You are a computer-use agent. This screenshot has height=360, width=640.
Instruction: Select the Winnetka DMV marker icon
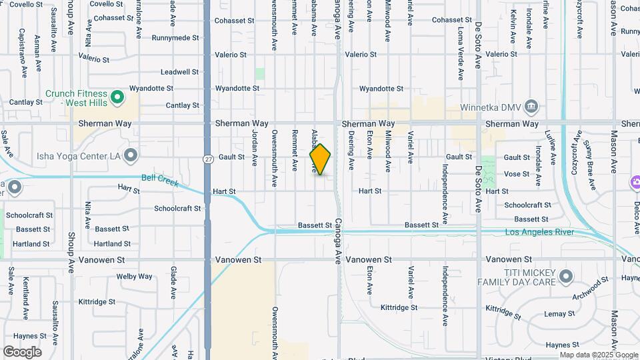(531, 106)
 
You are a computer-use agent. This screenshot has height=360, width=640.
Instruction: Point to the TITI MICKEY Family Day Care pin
(566, 275)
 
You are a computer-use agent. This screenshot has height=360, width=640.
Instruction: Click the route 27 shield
(209, 159)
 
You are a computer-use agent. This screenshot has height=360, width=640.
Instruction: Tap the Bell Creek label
(160, 179)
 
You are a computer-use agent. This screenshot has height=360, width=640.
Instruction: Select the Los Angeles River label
(539, 232)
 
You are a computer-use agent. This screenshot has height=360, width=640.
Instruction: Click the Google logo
(22, 352)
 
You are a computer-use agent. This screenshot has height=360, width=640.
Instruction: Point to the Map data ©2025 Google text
(598, 355)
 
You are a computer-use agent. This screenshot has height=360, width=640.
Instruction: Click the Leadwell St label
(180, 71)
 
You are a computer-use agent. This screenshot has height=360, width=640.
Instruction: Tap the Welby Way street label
(135, 276)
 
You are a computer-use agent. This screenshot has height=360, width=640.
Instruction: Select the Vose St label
(517, 174)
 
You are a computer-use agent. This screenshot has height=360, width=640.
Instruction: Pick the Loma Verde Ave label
(460, 33)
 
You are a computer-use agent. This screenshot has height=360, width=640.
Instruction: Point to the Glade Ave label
(173, 282)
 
